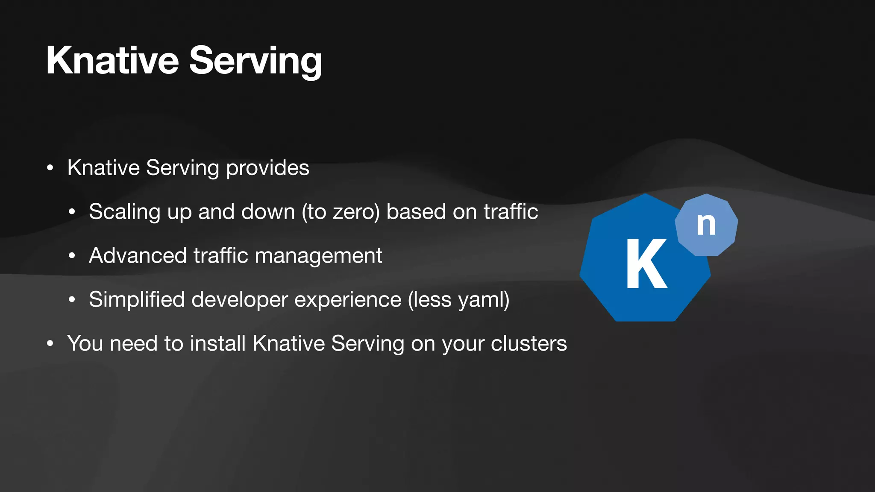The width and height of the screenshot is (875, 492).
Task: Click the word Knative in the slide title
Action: [112, 61]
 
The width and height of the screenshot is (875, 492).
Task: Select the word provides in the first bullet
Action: [267, 168]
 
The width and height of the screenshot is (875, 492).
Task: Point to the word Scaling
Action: [124, 212]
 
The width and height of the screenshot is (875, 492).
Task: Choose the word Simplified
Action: [137, 300]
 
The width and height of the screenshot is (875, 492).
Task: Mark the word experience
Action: [348, 300]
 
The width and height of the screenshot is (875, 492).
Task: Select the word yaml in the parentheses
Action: [481, 300]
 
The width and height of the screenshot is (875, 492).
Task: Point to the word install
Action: [217, 343]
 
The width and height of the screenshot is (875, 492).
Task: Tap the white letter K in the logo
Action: [646, 264]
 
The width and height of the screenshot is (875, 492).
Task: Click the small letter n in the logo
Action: [706, 224]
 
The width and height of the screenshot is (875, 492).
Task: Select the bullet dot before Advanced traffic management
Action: [72, 256]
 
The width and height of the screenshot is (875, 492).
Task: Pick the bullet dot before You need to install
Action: [50, 343]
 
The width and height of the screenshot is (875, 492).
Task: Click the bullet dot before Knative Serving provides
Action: [50, 168]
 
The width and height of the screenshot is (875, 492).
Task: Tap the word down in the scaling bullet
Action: [268, 212]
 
